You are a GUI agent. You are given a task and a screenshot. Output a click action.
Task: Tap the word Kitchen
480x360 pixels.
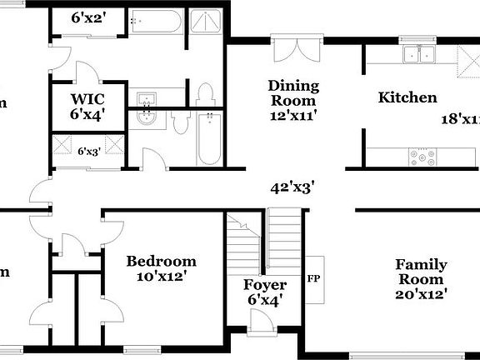(x=407, y=97)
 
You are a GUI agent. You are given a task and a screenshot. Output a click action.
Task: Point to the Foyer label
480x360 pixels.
(x=265, y=285)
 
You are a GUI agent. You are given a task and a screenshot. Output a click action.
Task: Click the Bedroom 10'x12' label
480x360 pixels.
(x=161, y=269)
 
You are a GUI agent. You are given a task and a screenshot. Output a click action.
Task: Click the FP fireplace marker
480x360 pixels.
(x=314, y=278)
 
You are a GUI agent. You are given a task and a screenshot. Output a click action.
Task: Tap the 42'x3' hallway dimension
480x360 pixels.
(x=291, y=187)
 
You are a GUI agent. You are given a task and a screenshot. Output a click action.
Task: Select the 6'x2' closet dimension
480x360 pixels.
(x=88, y=17)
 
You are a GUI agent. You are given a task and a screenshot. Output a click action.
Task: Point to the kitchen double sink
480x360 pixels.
(x=419, y=55)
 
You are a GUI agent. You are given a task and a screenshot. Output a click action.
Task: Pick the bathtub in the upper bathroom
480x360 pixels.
(x=156, y=22)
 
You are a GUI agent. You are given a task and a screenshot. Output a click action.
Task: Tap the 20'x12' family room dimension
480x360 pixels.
(x=421, y=293)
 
